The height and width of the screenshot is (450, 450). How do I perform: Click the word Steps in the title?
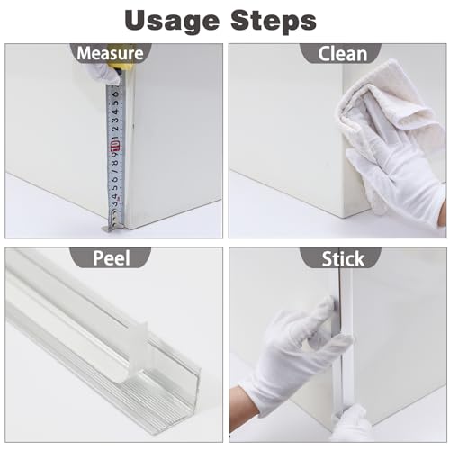click(274, 20)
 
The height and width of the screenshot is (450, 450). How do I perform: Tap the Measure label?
click(110, 53)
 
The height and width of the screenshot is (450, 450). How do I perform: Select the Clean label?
click(342, 54)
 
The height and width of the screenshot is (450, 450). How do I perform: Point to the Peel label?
click(111, 258)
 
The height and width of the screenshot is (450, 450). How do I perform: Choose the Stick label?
click(343, 258)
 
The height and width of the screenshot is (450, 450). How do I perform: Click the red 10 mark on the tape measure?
click(116, 146)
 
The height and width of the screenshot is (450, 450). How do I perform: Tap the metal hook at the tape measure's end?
click(111, 227)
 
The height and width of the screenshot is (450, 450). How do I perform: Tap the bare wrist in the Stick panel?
click(243, 405)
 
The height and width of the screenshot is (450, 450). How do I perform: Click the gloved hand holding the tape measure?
click(101, 73)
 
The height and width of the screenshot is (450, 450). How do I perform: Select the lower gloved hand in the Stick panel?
click(351, 423)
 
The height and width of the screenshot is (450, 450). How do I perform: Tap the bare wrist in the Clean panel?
click(442, 213)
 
